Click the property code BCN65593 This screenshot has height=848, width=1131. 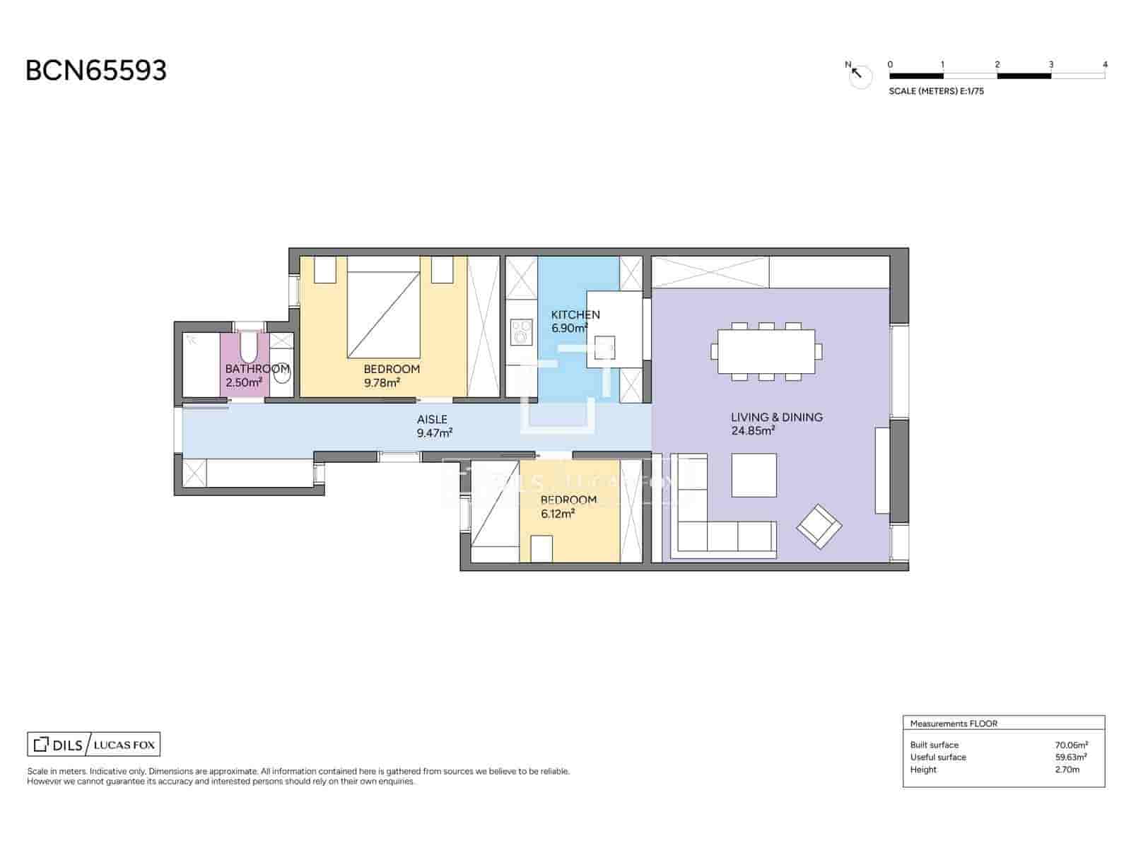(x=96, y=71)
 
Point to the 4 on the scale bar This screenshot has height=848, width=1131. (x=1105, y=64)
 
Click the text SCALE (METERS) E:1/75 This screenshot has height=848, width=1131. (x=936, y=91)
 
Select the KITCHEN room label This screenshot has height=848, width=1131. (x=575, y=314)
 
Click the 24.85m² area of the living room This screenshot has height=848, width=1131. (x=754, y=431)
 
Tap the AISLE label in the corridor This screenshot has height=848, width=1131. (x=432, y=419)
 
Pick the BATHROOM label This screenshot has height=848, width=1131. (x=257, y=369)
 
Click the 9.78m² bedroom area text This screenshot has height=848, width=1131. (x=382, y=383)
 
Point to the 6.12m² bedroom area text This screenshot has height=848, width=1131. (x=558, y=514)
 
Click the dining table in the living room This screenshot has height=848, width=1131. (x=766, y=351)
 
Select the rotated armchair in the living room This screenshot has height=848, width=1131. (x=819, y=526)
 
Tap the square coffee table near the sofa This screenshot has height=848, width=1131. (x=754, y=475)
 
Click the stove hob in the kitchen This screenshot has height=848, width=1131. (x=522, y=332)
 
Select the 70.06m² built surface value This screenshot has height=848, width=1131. (x=1071, y=745)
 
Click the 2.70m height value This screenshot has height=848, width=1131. (x=1067, y=770)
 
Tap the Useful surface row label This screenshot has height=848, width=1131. (x=937, y=757)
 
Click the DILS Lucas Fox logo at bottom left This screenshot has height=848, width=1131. (x=93, y=745)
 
